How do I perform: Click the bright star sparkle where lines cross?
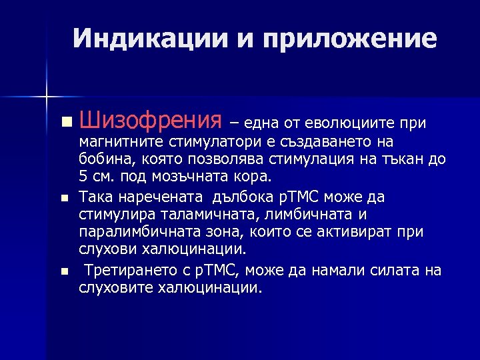(x=47, y=97)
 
